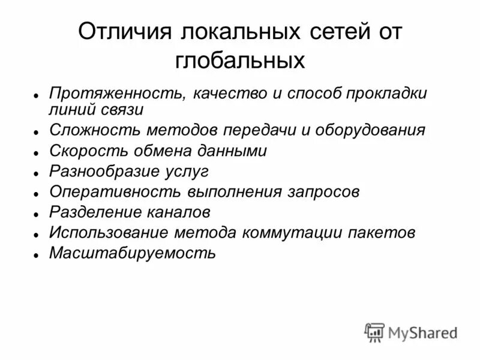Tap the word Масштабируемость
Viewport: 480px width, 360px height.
pos(132,253)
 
